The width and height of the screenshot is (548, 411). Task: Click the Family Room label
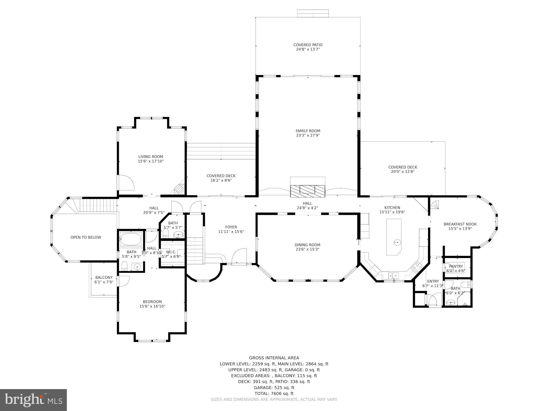click(x=308, y=131)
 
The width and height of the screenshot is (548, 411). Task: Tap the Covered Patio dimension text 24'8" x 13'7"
click(x=308, y=49)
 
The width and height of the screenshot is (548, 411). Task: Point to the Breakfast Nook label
click(x=460, y=224)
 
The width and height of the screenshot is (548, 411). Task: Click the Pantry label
click(x=456, y=266)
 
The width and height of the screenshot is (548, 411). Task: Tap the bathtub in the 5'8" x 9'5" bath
click(x=131, y=239)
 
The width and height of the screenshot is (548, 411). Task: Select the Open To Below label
click(x=86, y=237)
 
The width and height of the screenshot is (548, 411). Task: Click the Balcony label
click(x=104, y=278)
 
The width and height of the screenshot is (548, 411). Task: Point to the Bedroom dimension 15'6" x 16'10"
click(x=152, y=306)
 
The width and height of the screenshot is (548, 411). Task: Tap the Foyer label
click(x=231, y=227)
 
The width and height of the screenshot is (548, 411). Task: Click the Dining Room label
click(x=307, y=245)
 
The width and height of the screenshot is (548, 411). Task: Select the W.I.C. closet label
click(x=171, y=252)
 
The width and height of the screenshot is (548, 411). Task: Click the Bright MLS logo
click(x=33, y=400)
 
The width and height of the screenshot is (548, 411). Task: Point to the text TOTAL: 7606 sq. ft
click(x=274, y=393)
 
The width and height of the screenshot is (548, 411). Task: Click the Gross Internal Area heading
click(x=274, y=358)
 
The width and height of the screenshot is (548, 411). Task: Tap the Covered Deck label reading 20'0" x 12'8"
click(x=403, y=172)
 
